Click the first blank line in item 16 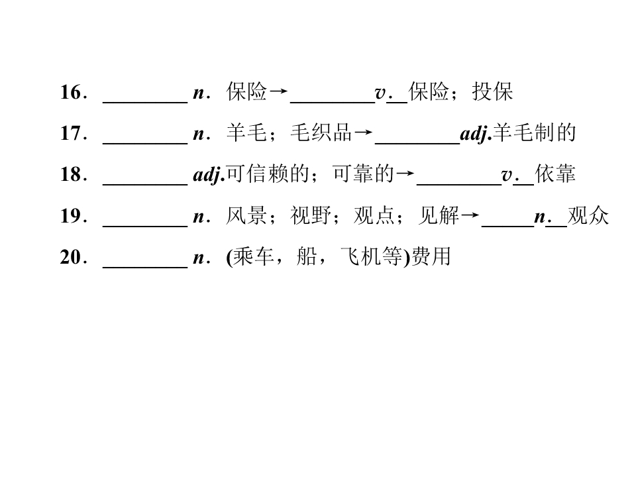tap(145, 103)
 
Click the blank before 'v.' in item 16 tap(333, 103)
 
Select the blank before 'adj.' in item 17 tap(417, 144)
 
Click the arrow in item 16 tap(278, 91)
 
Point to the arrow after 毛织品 tap(363, 132)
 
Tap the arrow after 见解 tap(470, 215)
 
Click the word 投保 tap(492, 91)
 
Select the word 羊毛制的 tap(534, 133)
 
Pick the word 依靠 tap(555, 174)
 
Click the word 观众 tap(588, 216)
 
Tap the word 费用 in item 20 tap(431, 257)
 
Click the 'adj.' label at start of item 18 tap(209, 175)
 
